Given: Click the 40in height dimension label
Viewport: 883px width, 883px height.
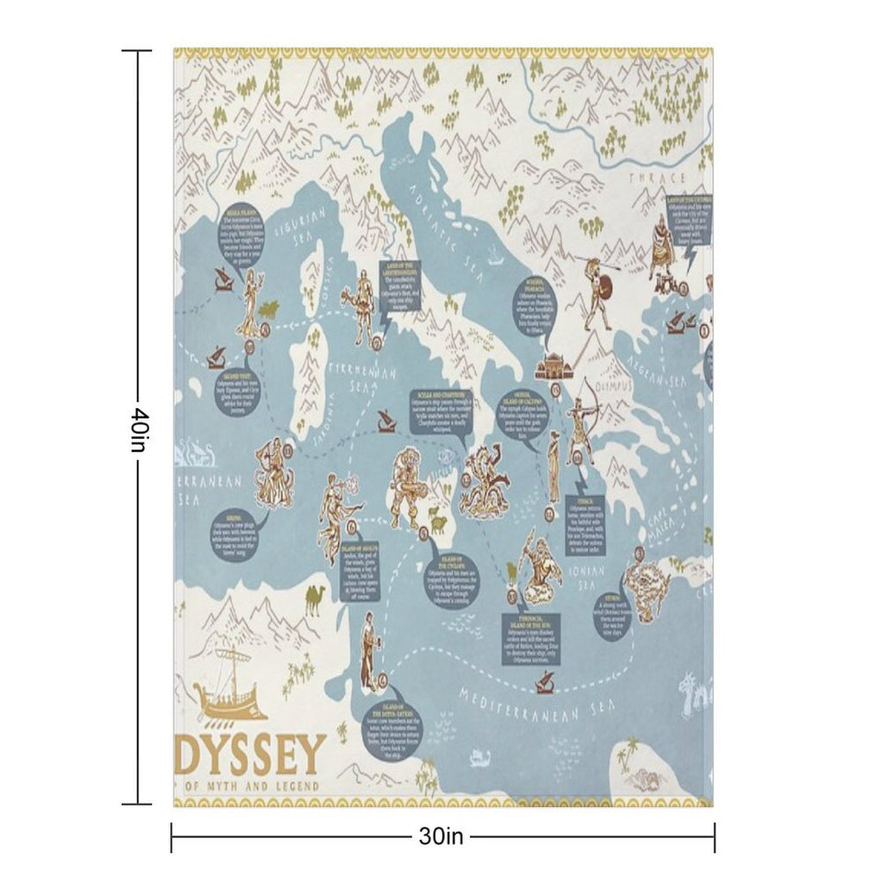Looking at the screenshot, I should tap(138, 428).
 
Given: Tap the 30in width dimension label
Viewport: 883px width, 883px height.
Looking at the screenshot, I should tap(441, 836).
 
